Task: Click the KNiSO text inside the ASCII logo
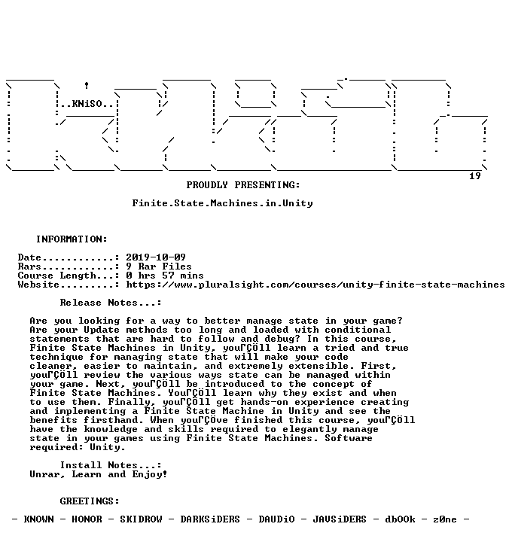click(x=87, y=104)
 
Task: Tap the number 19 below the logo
click(x=475, y=176)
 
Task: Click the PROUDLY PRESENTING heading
click(x=243, y=185)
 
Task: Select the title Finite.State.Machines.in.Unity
click(x=223, y=203)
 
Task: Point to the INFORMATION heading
click(x=72, y=239)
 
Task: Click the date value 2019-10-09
click(x=156, y=257)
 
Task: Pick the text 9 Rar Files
click(x=159, y=266)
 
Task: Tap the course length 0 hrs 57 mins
click(x=165, y=276)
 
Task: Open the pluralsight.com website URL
click(x=315, y=285)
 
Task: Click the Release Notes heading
click(x=111, y=303)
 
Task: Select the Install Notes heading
click(x=111, y=465)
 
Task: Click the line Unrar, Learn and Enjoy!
click(x=99, y=474)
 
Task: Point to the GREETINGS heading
click(x=90, y=501)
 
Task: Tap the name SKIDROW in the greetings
click(x=141, y=519)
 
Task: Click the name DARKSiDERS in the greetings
click(x=210, y=519)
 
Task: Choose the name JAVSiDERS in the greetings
click(x=340, y=519)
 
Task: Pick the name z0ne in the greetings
click(x=445, y=519)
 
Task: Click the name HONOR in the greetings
click(x=87, y=519)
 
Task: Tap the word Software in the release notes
click(x=349, y=438)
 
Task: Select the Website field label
click(x=38, y=285)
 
